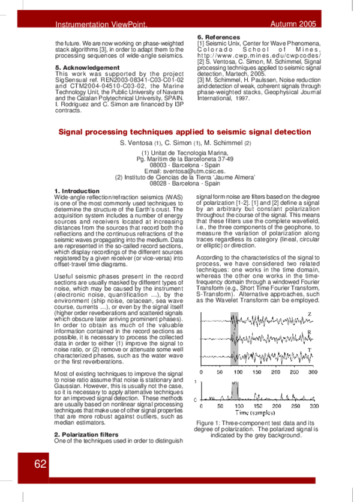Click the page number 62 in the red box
[40, 464]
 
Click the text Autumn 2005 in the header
[293, 24]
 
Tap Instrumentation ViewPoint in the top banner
[101, 25]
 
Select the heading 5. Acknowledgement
[87, 67]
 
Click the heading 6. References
[218, 37]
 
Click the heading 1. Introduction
[77, 190]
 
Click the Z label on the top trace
[309, 315]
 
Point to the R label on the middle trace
[309, 332]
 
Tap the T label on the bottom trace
[309, 349]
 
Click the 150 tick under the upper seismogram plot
[256, 372]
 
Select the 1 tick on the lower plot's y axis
[197, 381]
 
